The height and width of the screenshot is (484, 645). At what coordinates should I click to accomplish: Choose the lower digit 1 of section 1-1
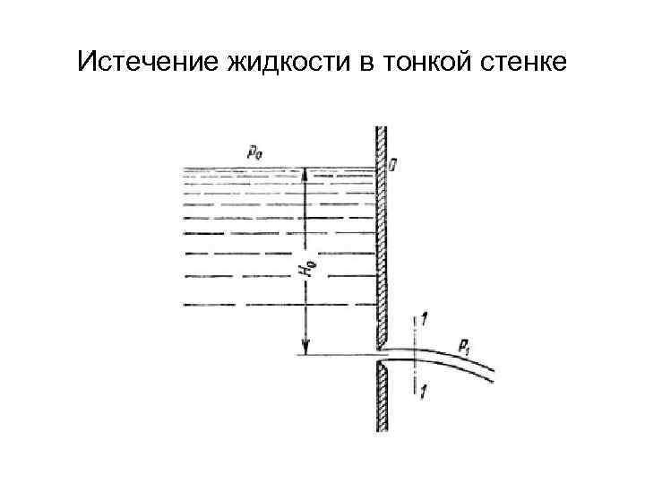tap(422, 390)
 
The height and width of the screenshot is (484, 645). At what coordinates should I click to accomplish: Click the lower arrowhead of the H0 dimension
tap(306, 349)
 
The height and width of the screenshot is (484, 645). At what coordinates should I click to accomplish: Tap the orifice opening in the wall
tap(382, 355)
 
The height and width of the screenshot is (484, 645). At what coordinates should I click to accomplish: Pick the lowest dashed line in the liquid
tap(278, 304)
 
